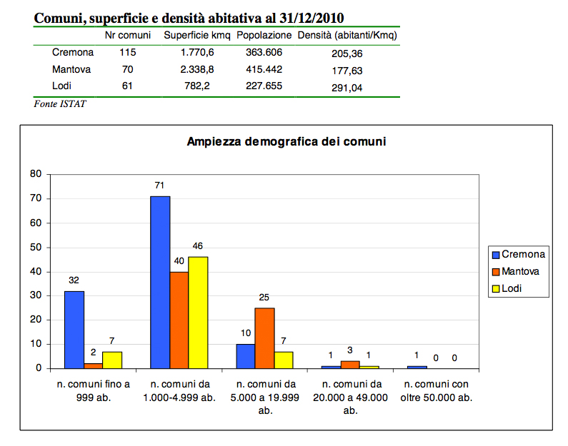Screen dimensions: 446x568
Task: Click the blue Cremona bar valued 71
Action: click(160, 282)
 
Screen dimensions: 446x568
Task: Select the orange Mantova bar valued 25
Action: click(264, 338)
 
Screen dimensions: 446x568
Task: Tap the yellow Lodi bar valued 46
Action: click(197, 313)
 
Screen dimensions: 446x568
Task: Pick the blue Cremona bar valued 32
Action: click(74, 329)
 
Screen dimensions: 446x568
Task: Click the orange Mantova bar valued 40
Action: click(179, 320)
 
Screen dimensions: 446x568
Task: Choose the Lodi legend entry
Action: click(511, 289)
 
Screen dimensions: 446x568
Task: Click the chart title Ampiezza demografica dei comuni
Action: click(286, 141)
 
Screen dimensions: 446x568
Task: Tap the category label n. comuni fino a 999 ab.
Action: click(93, 391)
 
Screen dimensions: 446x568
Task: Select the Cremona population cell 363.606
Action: click(264, 52)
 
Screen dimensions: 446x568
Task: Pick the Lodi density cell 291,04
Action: click(347, 87)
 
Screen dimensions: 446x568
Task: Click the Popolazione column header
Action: click(264, 35)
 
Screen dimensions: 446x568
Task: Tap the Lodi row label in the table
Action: click(62, 86)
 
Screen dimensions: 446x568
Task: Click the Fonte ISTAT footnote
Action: click(60, 103)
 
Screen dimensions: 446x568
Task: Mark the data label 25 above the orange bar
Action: click(264, 297)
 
